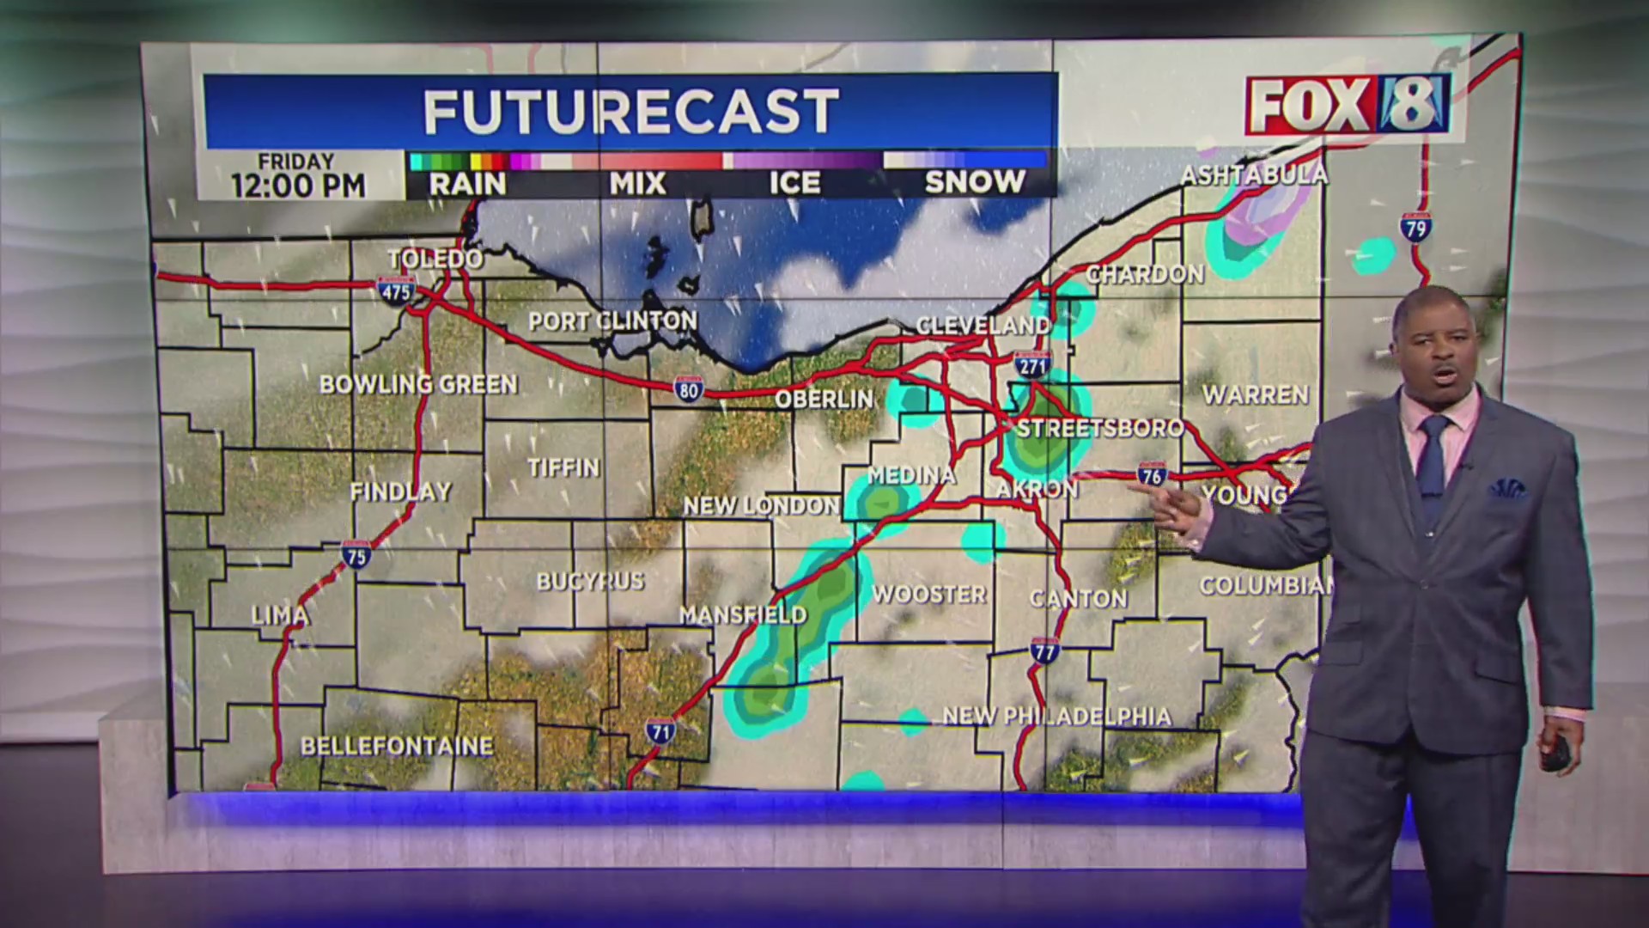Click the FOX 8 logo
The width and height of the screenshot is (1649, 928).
(1347, 106)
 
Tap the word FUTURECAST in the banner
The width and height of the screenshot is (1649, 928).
(630, 112)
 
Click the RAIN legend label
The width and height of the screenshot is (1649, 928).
(467, 183)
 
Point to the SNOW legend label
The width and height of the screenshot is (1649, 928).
(974, 182)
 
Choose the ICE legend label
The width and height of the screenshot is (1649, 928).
(794, 183)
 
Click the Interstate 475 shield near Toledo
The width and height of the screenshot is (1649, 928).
(395, 290)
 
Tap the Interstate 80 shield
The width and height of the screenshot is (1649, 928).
(688, 389)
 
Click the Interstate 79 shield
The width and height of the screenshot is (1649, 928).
(1415, 227)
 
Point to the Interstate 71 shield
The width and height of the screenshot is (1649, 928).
(660, 730)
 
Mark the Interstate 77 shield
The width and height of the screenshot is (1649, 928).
(1044, 650)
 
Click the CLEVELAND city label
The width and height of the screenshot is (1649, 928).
(983, 326)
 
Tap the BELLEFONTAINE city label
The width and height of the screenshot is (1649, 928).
(397, 746)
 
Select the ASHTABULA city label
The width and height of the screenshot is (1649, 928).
(1254, 175)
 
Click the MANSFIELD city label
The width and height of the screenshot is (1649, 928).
(743, 614)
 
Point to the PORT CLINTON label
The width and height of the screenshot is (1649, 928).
(612, 321)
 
